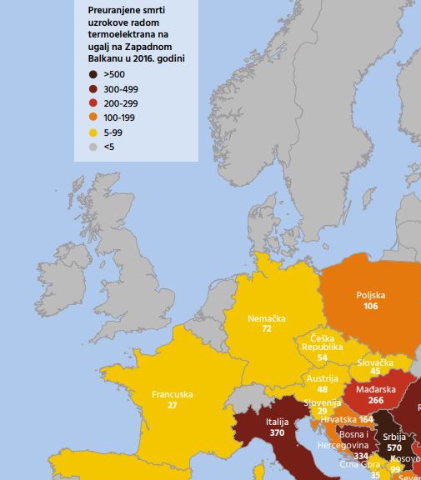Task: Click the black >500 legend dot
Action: point(93,74)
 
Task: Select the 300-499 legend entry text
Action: point(122,88)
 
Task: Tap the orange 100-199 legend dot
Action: point(93,117)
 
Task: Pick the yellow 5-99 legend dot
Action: point(93,132)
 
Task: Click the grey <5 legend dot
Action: point(93,147)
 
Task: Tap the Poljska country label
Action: point(371,295)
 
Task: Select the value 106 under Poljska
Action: point(371,307)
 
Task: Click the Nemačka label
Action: point(267,318)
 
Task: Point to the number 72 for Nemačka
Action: point(267,329)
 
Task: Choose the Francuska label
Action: point(173,394)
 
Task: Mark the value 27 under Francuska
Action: point(173,405)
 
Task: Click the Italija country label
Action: point(277,422)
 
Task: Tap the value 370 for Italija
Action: point(277,433)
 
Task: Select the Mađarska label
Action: point(375,389)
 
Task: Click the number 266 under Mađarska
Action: point(375,401)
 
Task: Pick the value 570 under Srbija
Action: point(393,447)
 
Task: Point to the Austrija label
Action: point(322,377)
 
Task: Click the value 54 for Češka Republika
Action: point(322,357)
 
